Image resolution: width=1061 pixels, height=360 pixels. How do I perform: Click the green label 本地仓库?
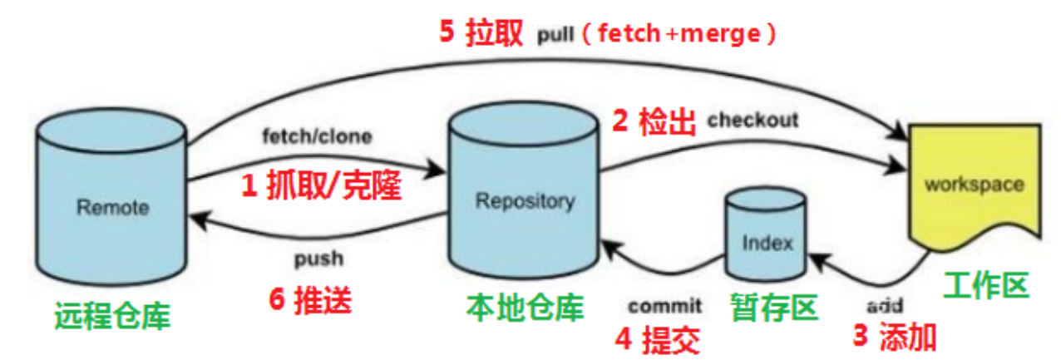tap(525, 308)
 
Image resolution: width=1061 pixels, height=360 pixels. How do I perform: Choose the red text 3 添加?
tap(896, 336)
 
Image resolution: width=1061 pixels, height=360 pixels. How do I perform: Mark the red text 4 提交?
tap(658, 338)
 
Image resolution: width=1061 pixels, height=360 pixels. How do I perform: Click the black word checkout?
tap(753, 120)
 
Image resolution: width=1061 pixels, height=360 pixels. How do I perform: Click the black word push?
tap(318, 258)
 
